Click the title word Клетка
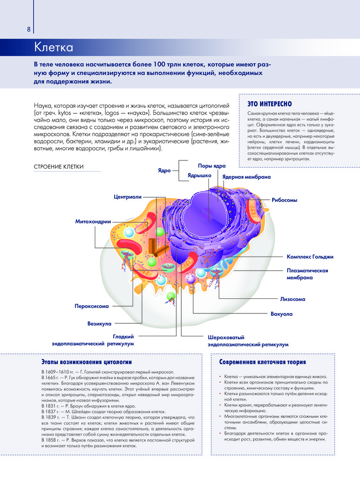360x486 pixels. coord(53,48)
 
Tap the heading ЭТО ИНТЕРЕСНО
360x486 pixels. coord(269,104)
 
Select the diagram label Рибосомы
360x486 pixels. coord(284,200)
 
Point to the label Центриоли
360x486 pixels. coord(127,197)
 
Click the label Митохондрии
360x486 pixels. coord(93,222)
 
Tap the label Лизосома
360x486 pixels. coord(293,299)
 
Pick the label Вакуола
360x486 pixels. coord(281,314)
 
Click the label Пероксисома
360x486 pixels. coord(91,307)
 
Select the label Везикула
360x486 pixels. coord(100,323)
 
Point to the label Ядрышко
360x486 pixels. coord(199,175)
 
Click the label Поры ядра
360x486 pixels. coord(212,166)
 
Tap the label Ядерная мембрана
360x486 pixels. coord(246,177)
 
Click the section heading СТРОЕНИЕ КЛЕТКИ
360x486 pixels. coord(59,167)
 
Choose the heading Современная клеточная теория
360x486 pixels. coord(262,362)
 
